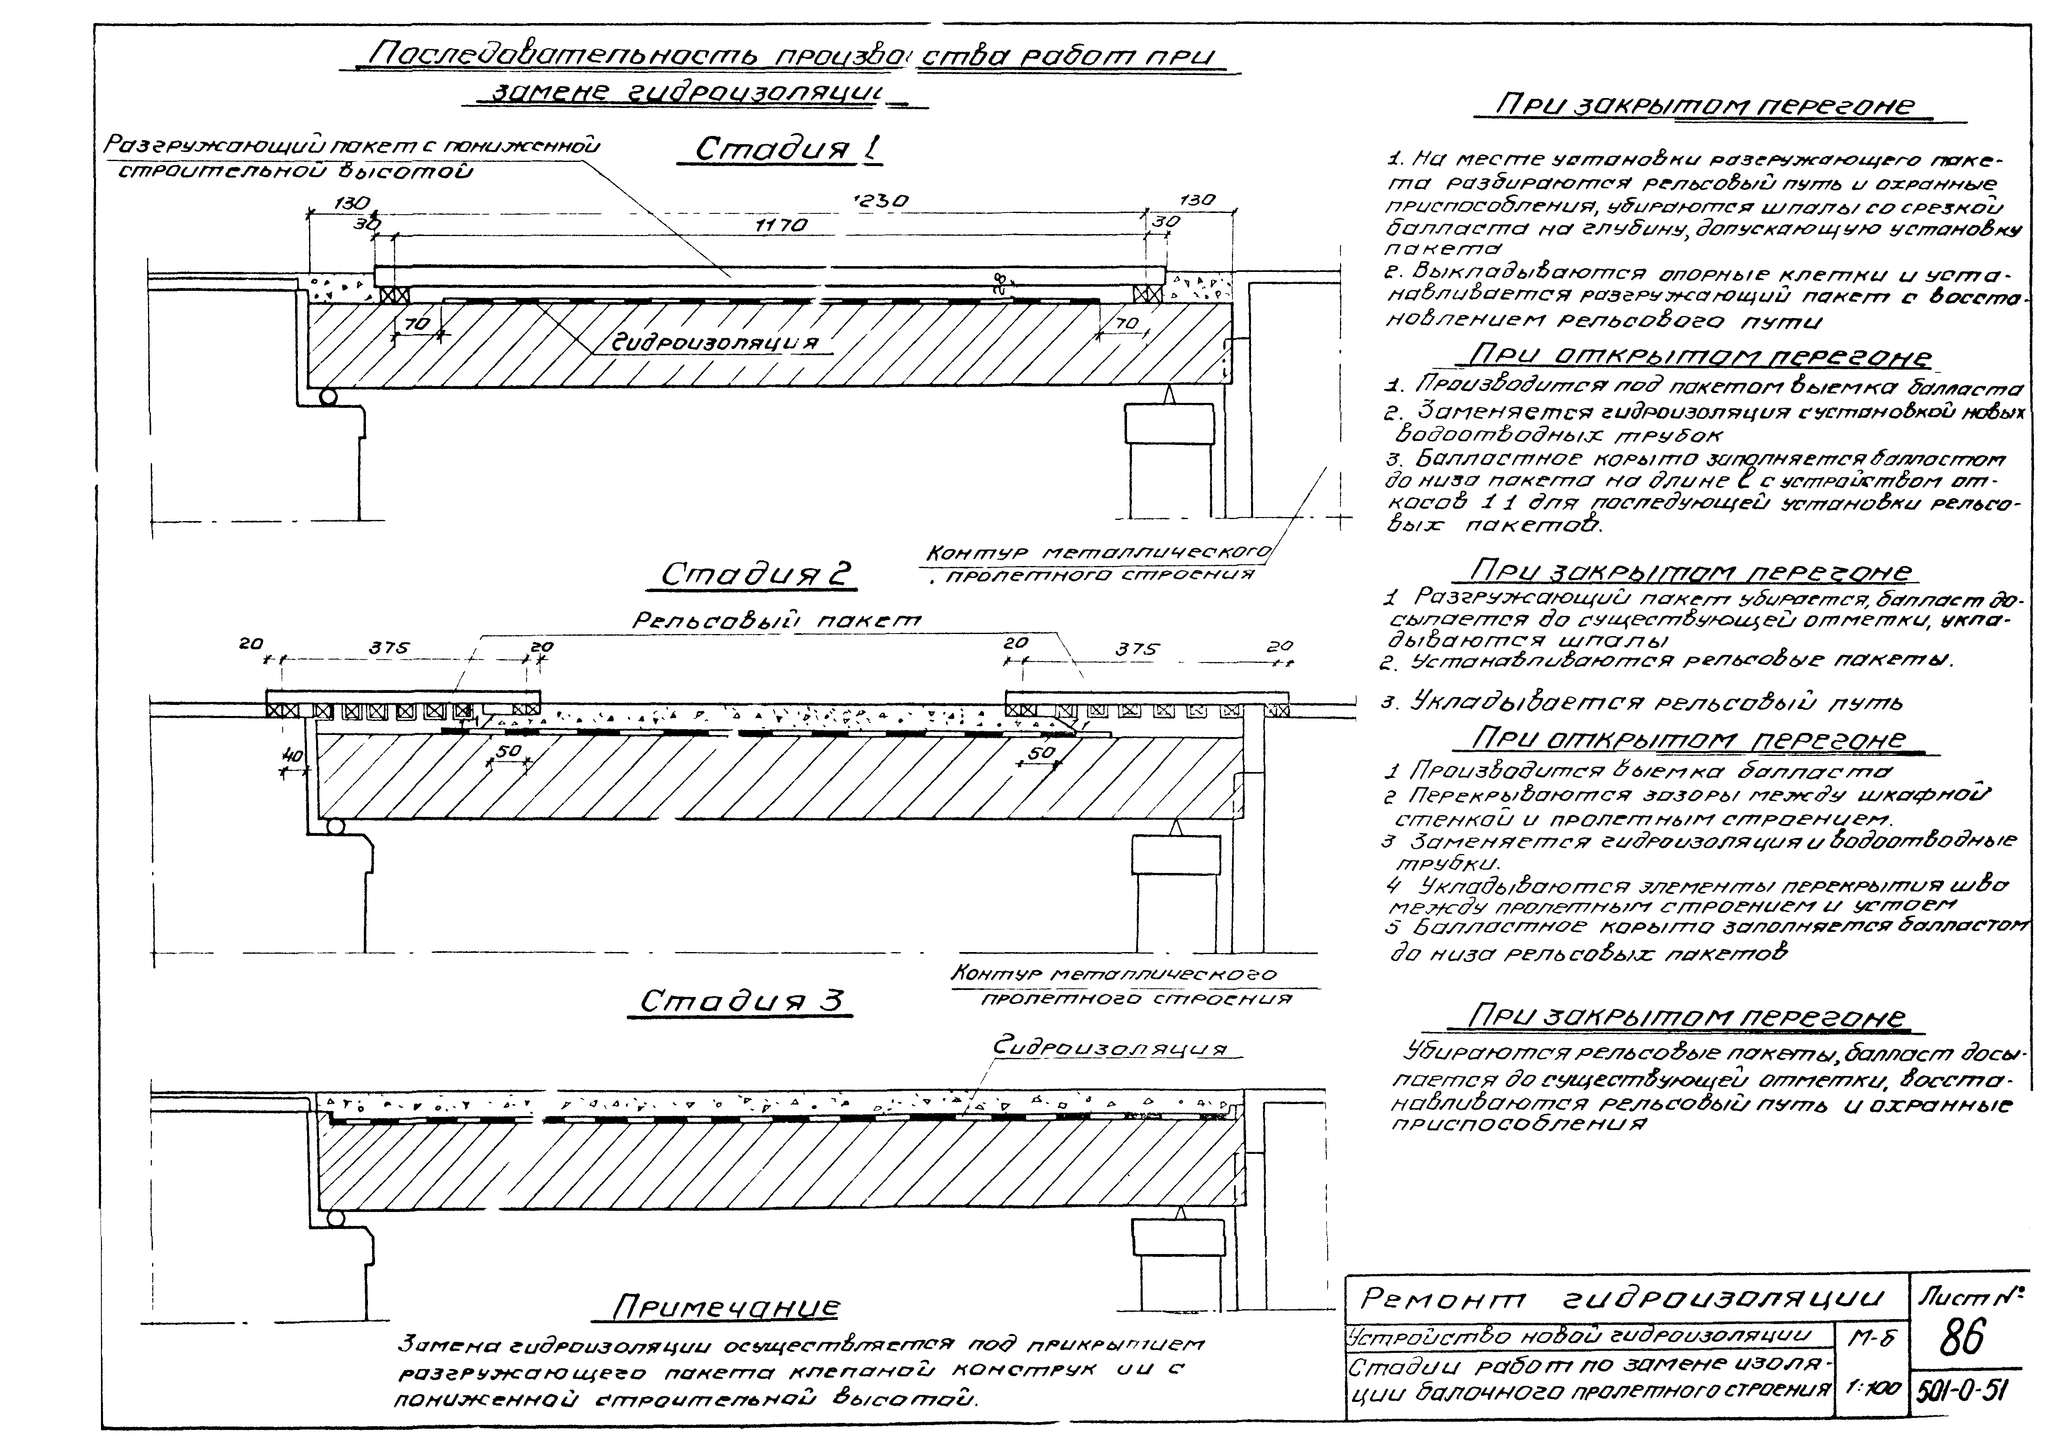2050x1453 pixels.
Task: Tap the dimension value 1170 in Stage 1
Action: pos(781,225)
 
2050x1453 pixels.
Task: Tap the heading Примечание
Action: pos(725,1308)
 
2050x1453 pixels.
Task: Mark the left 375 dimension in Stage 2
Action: pos(389,648)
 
